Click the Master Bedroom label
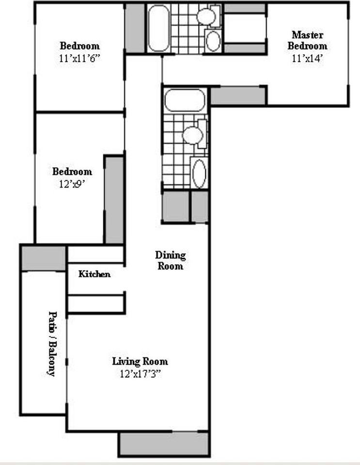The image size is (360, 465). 307,41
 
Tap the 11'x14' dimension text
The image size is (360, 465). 307,58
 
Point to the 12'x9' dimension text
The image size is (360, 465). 72,184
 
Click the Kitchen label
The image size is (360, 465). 94,274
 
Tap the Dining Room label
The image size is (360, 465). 170,260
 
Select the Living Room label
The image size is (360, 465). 140,361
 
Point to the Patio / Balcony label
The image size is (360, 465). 51,343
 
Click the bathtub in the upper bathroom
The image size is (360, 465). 158,28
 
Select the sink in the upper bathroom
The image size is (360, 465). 213,41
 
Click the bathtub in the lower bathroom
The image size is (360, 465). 184,100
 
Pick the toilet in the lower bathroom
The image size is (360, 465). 193,135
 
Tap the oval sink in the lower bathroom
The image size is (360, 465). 199,173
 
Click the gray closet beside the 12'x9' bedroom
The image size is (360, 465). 114,200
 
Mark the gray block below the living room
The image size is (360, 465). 164,443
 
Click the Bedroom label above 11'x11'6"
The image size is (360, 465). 80,46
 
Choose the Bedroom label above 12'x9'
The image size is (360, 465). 72,171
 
